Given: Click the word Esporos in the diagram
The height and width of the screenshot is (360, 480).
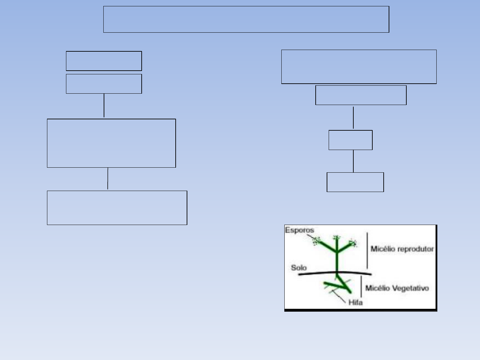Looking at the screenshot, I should coord(299,230).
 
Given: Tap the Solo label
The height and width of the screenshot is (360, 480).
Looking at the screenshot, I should coord(299,268).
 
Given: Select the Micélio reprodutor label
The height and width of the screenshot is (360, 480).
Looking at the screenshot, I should coord(402,249).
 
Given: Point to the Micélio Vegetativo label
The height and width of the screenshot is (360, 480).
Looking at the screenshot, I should coord(397,288).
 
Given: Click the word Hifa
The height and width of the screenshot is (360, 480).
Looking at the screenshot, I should coord(355,302).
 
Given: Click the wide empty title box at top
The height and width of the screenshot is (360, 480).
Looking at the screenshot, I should coord(246,19).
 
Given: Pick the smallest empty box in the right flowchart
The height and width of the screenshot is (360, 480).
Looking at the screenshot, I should coord(350,140).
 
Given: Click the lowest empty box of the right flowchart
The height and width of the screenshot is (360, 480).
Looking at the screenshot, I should coord(355,182).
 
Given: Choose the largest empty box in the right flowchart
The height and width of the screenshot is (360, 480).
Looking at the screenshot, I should coord(359,67).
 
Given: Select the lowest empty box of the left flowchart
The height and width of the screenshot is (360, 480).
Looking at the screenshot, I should coord(117,208).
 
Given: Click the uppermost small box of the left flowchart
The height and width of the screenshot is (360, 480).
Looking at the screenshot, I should coord(104,61).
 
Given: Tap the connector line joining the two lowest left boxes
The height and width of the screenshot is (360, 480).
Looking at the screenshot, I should coord(108,179).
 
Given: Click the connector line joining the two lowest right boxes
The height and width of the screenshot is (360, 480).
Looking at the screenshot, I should coord(353,161).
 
